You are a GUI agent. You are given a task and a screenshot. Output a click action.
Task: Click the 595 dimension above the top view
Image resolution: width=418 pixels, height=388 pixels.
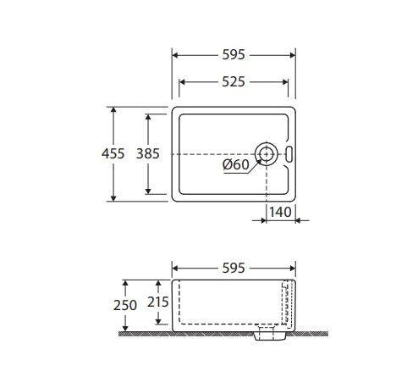coord(234,55)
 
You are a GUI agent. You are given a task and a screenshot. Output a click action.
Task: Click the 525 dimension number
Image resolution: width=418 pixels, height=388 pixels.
coord(234,82)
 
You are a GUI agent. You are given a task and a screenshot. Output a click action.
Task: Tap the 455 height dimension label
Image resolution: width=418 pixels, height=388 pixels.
coord(113,154)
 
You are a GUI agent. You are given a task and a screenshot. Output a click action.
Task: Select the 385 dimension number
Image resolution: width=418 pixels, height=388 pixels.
coord(148,154)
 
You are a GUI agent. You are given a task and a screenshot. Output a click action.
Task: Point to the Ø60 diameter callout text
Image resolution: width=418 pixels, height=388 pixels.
coord(236,164)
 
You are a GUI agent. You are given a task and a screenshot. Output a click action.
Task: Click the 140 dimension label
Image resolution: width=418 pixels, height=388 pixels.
coord(280,212)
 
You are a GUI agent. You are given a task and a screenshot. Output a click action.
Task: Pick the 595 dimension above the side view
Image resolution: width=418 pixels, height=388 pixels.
coord(234,268)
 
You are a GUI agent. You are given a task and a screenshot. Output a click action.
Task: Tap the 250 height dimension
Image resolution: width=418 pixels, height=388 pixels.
coord(125,305)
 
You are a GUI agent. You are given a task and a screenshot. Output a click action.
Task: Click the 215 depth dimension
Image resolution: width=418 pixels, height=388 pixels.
coord(158,302)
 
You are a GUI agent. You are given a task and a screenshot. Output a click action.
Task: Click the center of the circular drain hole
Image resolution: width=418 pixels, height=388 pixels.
coord(267,154)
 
